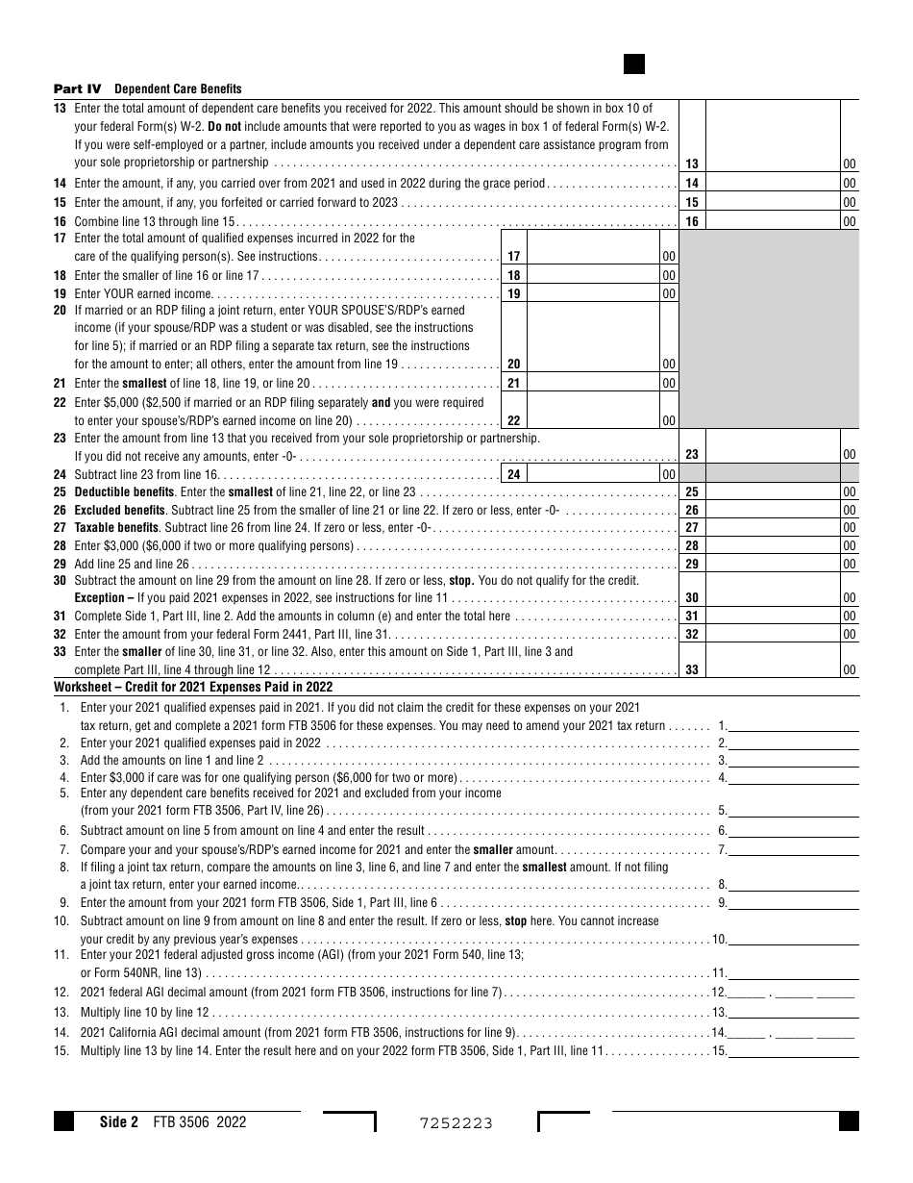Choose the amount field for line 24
click(x=593, y=474)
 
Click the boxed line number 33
click(x=692, y=669)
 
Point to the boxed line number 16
click(x=692, y=221)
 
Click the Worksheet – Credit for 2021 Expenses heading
click(x=193, y=687)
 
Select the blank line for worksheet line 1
click(x=794, y=726)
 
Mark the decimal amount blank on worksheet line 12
click(x=794, y=992)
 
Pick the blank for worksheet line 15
click(x=794, y=1051)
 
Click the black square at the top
click(x=634, y=64)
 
